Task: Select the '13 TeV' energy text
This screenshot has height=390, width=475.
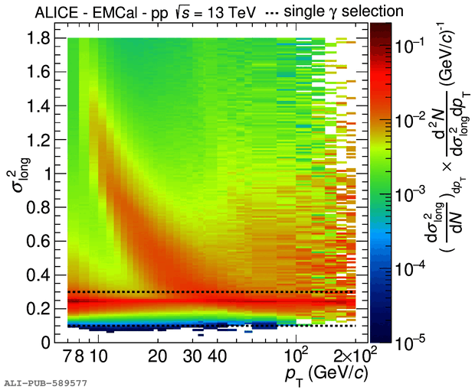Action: coord(205,11)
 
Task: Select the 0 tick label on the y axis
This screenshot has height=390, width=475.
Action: coord(47,341)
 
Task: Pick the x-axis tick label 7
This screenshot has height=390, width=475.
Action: coord(68,356)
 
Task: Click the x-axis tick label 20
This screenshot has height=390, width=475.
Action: coord(158,356)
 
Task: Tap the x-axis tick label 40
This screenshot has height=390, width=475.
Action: coord(217,356)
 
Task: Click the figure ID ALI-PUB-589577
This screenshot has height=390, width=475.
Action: coord(45,380)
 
